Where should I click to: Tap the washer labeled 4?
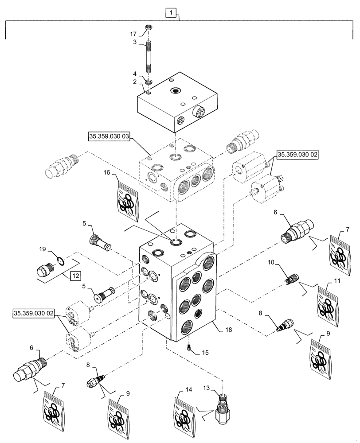pyautogui.click(x=148, y=82)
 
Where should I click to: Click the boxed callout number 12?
pyautogui.click(x=75, y=276)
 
